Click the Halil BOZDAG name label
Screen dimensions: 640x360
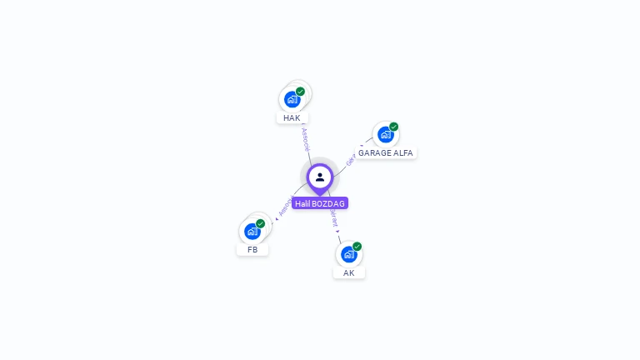(x=320, y=203)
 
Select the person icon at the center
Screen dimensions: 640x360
(x=320, y=177)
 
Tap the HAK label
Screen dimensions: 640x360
(x=292, y=118)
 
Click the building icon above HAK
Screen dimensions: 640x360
(x=292, y=99)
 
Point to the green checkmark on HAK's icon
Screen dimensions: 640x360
(x=301, y=92)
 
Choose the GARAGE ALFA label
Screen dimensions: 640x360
(x=386, y=153)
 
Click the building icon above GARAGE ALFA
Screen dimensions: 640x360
(x=385, y=134)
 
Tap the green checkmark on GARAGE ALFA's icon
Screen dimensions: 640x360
(x=394, y=127)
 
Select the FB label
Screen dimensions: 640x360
(x=252, y=249)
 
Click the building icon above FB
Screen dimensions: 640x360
(x=252, y=231)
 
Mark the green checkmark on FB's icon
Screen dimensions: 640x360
(x=261, y=223)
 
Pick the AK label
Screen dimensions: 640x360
(x=349, y=272)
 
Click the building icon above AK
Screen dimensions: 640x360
(x=349, y=254)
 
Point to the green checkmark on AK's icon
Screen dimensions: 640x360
(x=357, y=246)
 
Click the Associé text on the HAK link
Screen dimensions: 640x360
(x=306, y=138)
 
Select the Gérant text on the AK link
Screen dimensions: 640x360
(x=334, y=219)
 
